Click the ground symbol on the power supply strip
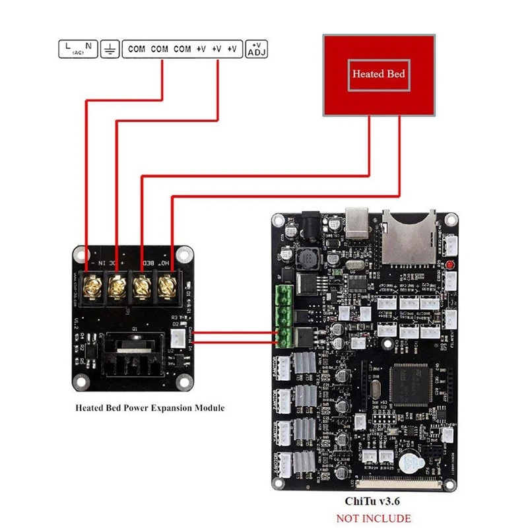[x=110, y=49]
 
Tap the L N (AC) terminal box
[x=78, y=49]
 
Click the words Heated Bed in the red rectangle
[x=378, y=74]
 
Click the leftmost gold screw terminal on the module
[x=88, y=286]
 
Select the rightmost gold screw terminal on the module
[x=168, y=286]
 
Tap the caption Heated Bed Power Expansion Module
[x=149, y=408]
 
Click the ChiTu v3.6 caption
[x=374, y=502]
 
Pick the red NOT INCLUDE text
[x=374, y=518]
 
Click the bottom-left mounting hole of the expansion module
[x=81, y=381]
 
